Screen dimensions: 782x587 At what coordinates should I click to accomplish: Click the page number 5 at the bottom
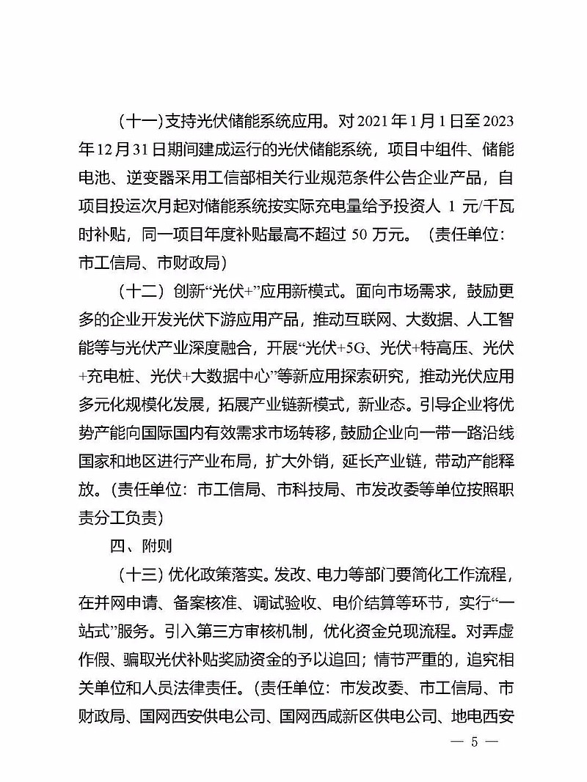475,741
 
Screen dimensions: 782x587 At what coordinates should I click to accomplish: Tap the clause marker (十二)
139,289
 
